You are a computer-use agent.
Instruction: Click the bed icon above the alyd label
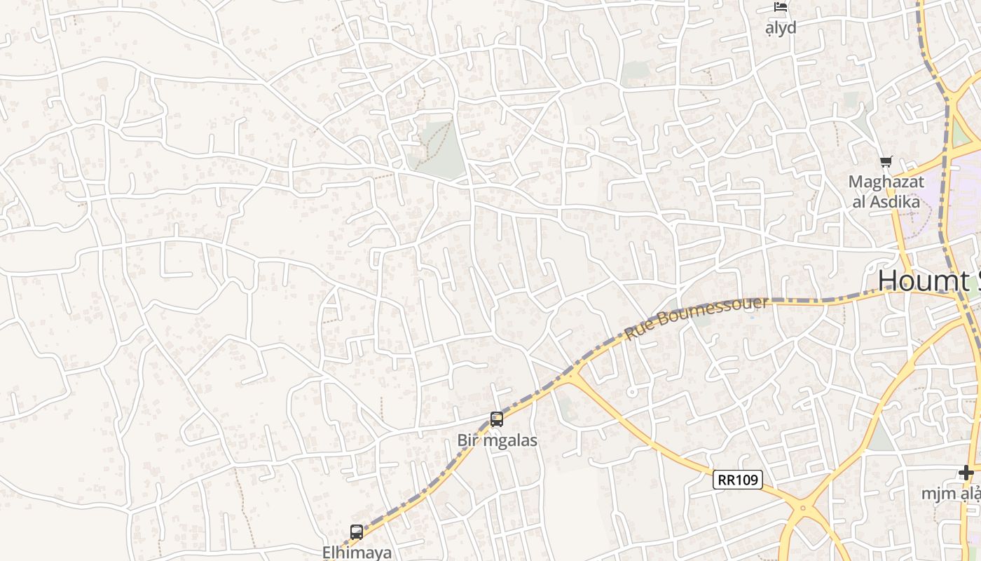pos(781,7)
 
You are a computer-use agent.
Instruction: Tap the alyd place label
pos(781,28)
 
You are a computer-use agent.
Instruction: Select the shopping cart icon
pos(886,162)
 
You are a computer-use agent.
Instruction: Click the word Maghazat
pos(886,182)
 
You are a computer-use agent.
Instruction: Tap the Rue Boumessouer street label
pos(697,318)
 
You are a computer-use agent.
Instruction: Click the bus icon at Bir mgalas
pos(497,419)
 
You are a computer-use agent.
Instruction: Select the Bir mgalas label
pos(498,440)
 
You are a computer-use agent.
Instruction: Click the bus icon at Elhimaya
pos(357,532)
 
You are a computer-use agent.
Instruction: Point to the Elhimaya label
pos(357,553)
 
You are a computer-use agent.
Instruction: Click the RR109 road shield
pos(738,480)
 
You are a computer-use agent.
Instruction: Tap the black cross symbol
pos(966,473)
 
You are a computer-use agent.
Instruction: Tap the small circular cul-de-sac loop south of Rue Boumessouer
pos(632,392)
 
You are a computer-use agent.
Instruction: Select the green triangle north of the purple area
pos(959,134)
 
